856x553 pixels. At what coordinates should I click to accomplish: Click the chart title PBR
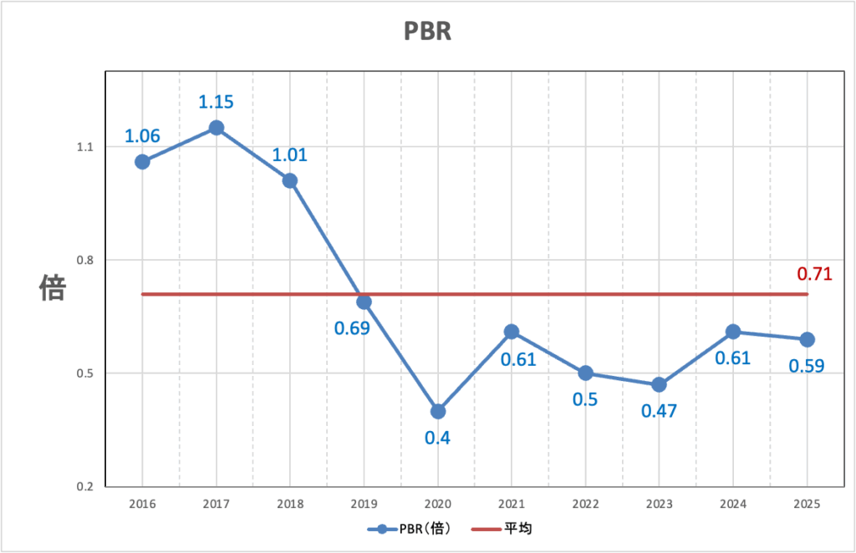pos(427,31)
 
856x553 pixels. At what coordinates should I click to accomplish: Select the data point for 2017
pos(216,128)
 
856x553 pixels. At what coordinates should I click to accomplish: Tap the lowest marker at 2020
pos(438,411)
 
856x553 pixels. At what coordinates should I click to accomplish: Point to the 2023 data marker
pos(659,384)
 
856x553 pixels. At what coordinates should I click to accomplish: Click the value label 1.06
pos(142,135)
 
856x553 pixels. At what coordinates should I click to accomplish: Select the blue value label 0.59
pos(808,366)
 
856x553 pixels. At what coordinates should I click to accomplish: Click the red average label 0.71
pos(814,273)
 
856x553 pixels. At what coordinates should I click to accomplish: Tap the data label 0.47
pos(659,411)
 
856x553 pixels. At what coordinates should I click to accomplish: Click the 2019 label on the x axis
pos(364,504)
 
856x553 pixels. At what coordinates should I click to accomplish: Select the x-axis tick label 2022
pos(585,504)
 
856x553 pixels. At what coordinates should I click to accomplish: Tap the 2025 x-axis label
pos(807,504)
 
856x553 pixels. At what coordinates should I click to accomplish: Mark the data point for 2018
pos(290,180)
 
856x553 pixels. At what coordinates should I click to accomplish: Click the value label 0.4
pos(438,438)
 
